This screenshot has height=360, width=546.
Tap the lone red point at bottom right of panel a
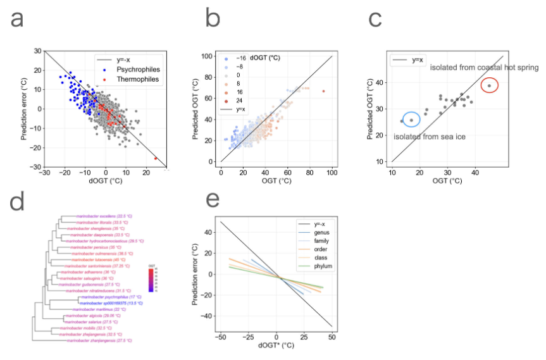click(x=156, y=158)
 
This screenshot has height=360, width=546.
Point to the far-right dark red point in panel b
click(x=323, y=91)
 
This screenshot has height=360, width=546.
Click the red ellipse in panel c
click(x=489, y=85)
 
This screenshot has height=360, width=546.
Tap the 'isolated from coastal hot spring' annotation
click(x=484, y=68)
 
